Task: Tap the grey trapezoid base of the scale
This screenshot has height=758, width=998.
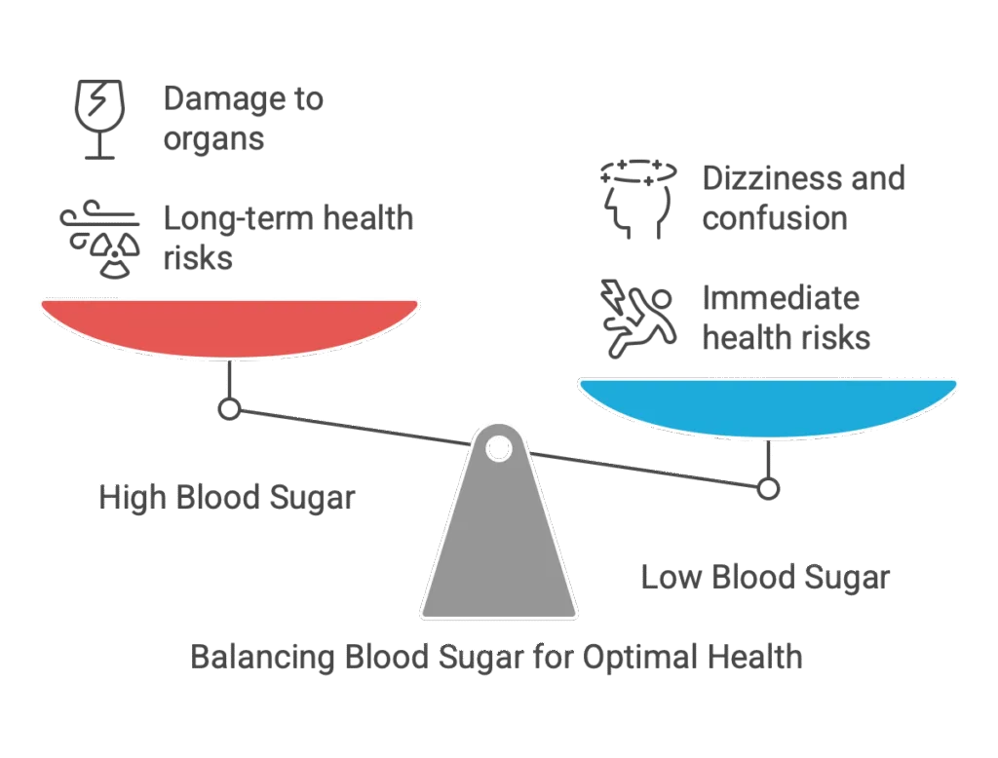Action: [x=498, y=546]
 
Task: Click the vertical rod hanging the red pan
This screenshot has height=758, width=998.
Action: [x=229, y=379]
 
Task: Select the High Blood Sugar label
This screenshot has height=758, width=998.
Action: [x=225, y=498]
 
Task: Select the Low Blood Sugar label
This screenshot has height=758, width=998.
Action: [x=765, y=579]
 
